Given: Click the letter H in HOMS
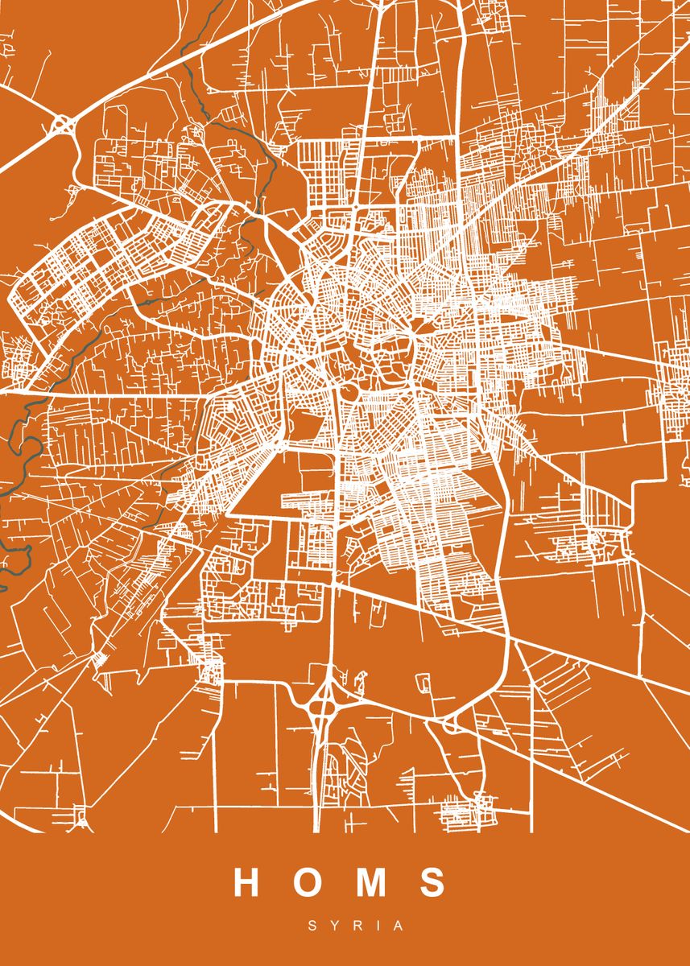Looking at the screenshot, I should (246, 882).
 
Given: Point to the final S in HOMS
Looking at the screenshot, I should (432, 882).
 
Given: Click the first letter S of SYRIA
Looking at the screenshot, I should (312, 927).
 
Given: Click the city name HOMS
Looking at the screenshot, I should (339, 882).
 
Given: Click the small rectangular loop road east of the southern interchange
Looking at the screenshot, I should (422, 683).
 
